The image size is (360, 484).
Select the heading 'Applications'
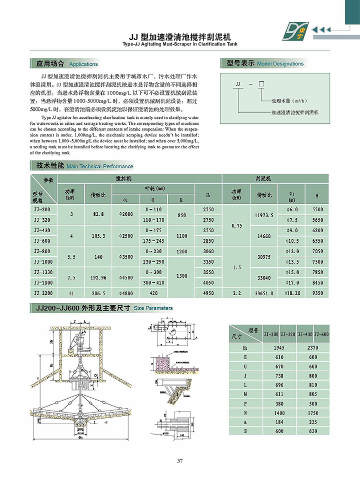coord(83,64)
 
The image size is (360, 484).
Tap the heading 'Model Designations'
coord(280,64)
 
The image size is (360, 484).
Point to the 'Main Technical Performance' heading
coord(100,166)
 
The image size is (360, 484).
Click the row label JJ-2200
coord(43,293)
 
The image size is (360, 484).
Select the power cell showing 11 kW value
coord(71,293)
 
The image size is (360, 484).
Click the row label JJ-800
coord(43,251)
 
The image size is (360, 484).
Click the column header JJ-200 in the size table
coord(271,334)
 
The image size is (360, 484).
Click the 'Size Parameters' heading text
coord(153,308)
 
